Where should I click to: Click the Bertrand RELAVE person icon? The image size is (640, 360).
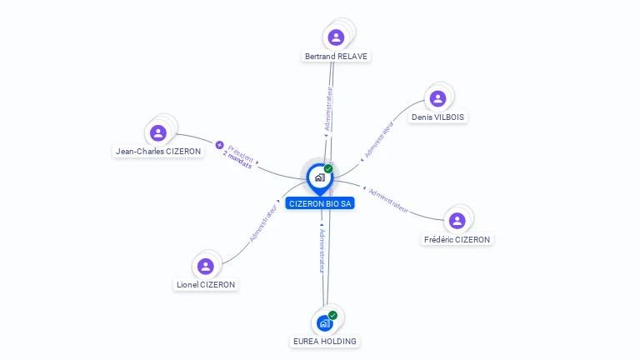point(336,37)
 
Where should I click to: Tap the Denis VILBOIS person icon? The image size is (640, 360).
point(437,99)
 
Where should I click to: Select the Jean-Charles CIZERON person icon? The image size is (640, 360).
point(158,132)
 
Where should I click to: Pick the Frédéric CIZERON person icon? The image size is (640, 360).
point(457,221)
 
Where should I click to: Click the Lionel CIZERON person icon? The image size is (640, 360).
point(206,266)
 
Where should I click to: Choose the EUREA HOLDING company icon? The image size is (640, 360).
point(324,322)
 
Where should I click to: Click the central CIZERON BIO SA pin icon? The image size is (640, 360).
point(319,177)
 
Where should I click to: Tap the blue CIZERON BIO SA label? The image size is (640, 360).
point(320,203)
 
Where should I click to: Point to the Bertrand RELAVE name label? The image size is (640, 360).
point(336,57)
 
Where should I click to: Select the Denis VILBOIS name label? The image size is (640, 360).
point(437,117)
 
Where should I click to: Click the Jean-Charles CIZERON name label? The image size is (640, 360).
point(158,152)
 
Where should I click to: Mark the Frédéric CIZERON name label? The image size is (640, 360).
point(457,239)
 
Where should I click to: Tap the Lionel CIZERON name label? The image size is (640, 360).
point(206,284)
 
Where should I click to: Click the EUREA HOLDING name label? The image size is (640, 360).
point(325,341)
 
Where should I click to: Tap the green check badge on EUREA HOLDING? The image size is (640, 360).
point(332,315)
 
